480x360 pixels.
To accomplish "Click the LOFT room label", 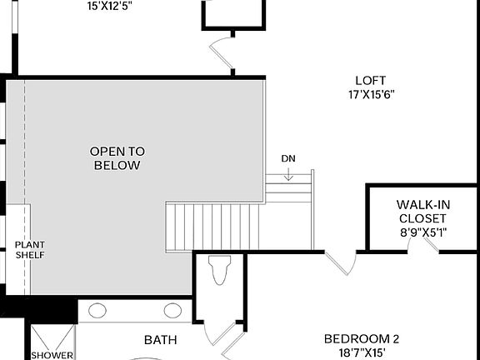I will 370,81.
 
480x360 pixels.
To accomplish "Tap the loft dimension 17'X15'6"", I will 370,94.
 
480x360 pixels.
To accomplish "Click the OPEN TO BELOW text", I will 117,158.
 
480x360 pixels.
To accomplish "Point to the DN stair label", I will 287,158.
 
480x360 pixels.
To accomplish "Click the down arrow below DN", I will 287,173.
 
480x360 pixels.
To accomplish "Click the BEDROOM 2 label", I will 362,339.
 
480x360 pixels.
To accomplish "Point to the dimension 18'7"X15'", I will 362,353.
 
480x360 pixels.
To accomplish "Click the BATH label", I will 160,340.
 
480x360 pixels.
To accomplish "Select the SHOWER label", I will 53,355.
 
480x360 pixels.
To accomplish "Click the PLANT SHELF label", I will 29,250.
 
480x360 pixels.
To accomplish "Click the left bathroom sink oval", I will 97,311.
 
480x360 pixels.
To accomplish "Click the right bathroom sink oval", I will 172,311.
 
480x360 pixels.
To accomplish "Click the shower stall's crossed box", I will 52,337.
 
